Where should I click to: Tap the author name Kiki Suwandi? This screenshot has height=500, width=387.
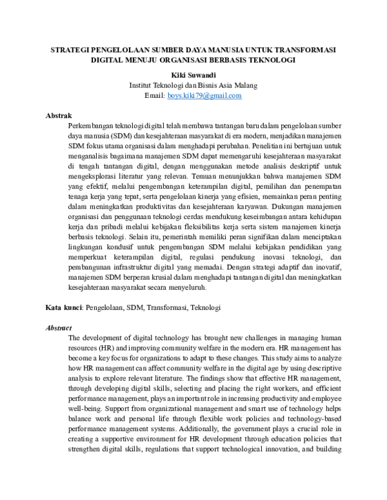click(x=193, y=74)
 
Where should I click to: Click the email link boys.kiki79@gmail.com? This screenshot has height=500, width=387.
click(x=204, y=95)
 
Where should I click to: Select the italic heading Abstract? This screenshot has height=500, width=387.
click(x=58, y=327)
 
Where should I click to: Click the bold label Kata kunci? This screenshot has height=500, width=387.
click(x=64, y=308)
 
